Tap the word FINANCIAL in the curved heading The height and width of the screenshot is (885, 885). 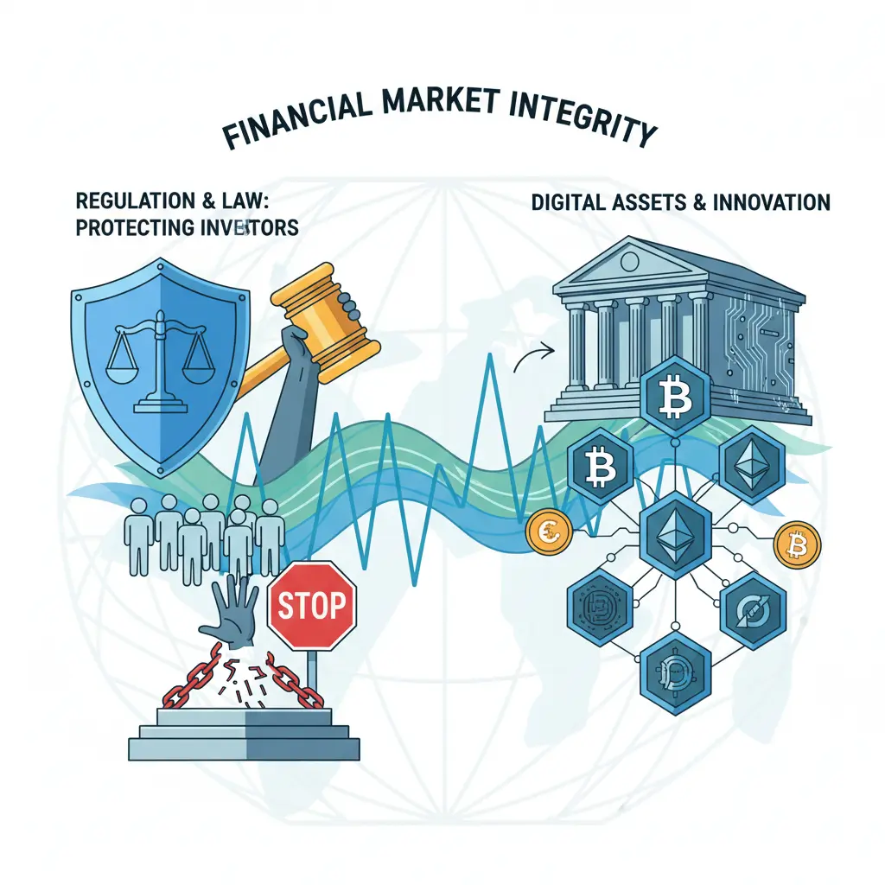click(297, 121)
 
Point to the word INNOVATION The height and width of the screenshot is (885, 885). click(772, 202)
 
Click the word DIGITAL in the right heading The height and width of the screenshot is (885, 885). click(569, 202)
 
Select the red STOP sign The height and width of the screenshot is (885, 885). click(311, 606)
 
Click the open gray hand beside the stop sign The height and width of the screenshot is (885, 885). click(230, 613)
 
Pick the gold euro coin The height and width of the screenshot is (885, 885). click(549, 532)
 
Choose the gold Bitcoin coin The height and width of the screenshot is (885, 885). click(797, 544)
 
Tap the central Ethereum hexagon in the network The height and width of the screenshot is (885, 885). click(675, 536)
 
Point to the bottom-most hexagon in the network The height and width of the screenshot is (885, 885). click(675, 673)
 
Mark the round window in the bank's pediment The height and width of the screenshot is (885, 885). click(629, 261)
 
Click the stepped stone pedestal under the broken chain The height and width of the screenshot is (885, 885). click(244, 735)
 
